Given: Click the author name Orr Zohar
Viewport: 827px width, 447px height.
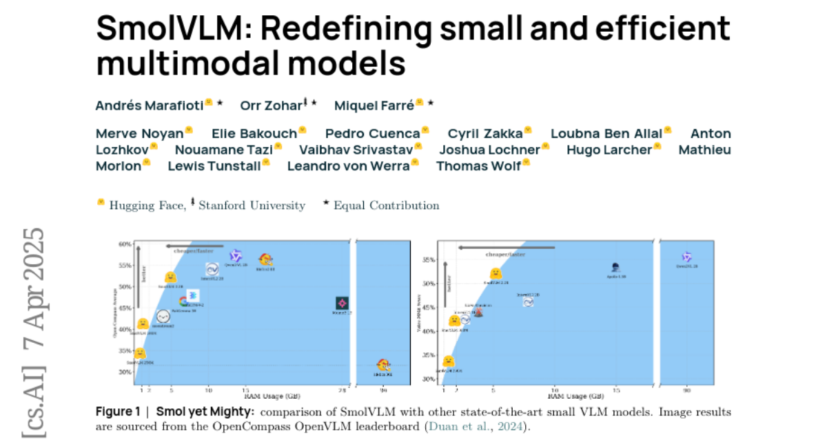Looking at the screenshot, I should tap(270, 106).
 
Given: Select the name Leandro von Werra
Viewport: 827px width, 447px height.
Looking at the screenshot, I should tap(347, 166).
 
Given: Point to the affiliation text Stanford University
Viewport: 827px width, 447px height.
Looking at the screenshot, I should tap(252, 206).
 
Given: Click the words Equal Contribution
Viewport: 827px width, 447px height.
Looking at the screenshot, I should tap(386, 206).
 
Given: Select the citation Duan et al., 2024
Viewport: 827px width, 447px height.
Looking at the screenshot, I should tap(476, 426).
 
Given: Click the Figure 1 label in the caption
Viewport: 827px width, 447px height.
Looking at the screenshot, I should tap(118, 412).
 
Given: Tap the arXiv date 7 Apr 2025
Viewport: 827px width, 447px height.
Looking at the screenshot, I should tap(33, 290).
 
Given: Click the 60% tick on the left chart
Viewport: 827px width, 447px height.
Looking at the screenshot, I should tap(125, 244).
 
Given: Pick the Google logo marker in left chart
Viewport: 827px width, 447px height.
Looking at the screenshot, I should tap(184, 301).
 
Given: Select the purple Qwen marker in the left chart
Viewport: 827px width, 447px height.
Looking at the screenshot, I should tap(236, 256).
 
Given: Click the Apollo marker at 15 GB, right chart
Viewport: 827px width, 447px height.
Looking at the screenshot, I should tap(615, 268).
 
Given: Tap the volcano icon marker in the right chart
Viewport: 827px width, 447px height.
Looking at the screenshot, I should tap(478, 311).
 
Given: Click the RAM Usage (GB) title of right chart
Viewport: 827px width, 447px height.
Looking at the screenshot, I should tap(575, 397).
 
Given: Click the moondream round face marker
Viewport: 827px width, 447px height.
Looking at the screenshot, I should tap(163, 317).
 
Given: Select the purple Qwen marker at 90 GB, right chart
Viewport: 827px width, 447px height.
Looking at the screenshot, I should tap(686, 257).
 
